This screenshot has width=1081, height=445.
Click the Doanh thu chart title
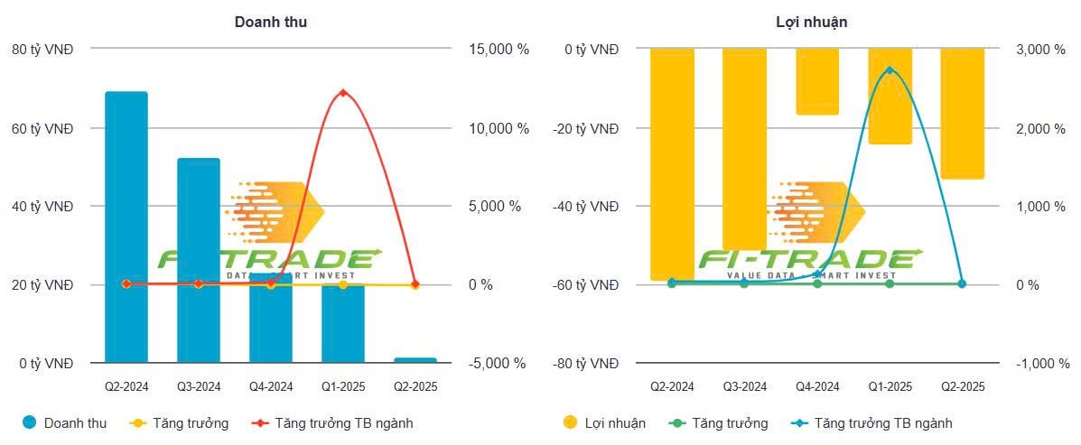click(x=270, y=22)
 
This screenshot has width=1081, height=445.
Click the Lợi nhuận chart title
click(x=811, y=22)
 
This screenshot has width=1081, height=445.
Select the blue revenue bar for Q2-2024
click(x=126, y=226)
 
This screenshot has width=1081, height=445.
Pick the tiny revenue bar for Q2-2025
click(x=415, y=360)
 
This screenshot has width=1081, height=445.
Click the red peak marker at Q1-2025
click(x=342, y=93)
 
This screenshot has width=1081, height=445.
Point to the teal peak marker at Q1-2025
click(x=890, y=70)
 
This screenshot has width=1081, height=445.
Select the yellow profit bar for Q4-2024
click(x=817, y=81)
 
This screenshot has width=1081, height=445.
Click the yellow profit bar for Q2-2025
click(x=962, y=113)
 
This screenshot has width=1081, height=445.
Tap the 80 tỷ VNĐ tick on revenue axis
click(x=43, y=50)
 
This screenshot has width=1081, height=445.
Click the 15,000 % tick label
click(x=499, y=50)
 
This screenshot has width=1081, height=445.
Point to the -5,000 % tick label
click(x=497, y=364)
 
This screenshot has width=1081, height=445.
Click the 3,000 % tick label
click(x=1041, y=50)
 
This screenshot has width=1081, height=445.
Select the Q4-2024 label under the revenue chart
click(x=271, y=386)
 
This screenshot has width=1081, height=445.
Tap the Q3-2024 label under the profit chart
click(x=745, y=386)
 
